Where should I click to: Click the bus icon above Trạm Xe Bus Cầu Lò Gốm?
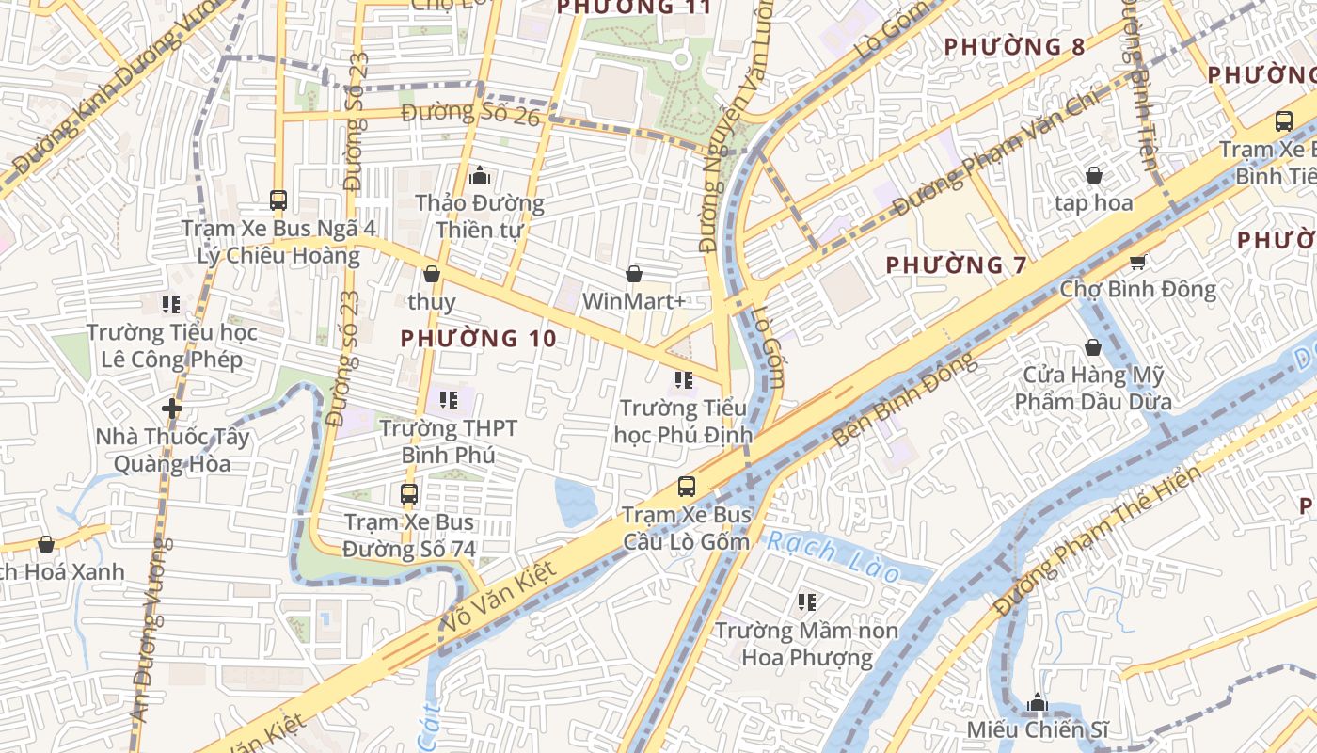pos(687,487)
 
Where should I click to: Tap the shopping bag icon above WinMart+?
pos(634,274)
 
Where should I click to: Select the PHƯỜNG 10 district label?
pos(478,338)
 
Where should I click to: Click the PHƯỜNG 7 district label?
pos(957,265)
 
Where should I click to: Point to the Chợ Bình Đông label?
pos(1138,289)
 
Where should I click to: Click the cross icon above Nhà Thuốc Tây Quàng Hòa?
pos(171,409)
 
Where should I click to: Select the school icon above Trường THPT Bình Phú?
pos(448,400)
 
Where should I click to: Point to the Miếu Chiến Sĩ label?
pos(1038,729)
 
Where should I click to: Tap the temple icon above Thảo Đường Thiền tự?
pos(479,175)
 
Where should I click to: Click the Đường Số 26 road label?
pos(470,114)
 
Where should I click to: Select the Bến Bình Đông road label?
pos(904,401)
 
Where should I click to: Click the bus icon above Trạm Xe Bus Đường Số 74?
pos(408,493)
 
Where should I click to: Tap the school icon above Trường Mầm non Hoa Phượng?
pos(806,601)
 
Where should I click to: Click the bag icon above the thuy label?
pos(431,274)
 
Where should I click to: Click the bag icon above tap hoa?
pos(1093,175)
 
